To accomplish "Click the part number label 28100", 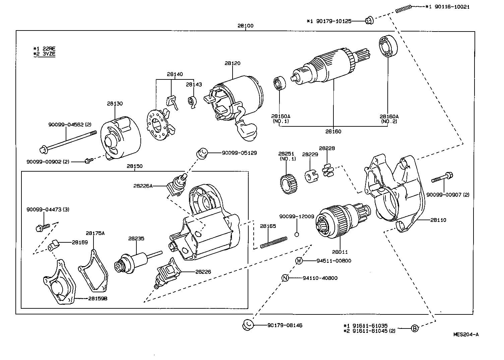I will [x=245, y=25].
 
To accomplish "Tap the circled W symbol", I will [x=299, y=261].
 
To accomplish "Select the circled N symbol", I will [x=285, y=278].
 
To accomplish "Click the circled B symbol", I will [x=415, y=328].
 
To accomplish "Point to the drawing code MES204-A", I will [x=466, y=334].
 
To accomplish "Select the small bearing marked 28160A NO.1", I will [x=279, y=83].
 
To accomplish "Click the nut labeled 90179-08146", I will [x=247, y=325].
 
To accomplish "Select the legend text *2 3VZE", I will [x=44, y=54].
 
